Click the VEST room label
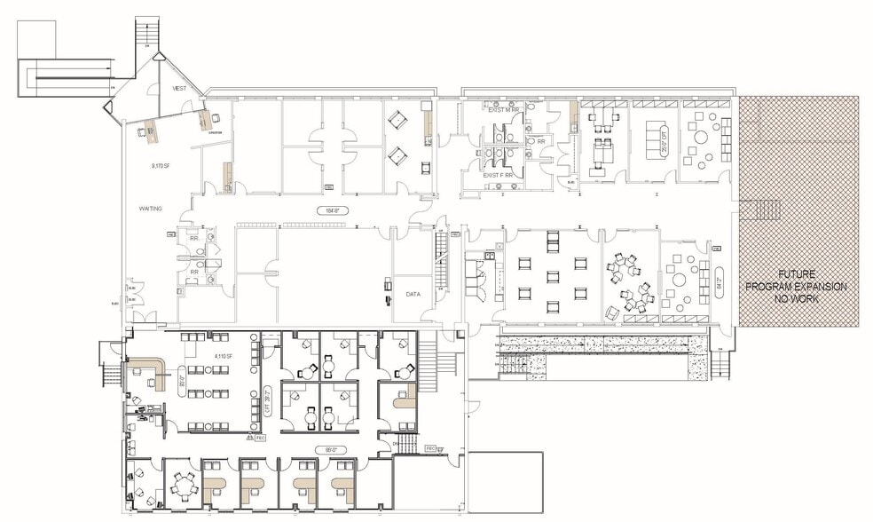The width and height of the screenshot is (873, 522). (179, 90)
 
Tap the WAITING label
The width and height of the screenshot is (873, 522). (150, 208)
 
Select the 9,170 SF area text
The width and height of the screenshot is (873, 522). (161, 165)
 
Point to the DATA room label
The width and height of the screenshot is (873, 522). (413, 293)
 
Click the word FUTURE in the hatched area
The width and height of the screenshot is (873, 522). (797, 275)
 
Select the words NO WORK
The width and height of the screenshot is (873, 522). (797, 299)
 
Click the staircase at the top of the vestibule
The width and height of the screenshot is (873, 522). (146, 33)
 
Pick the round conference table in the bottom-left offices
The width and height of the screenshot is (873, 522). (184, 484)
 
